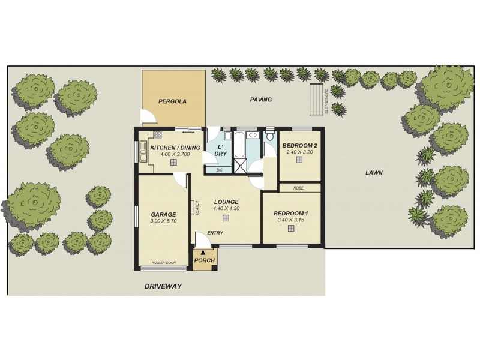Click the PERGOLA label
(172, 101)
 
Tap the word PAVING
(261, 100)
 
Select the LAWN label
(374, 173)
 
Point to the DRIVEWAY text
(163, 287)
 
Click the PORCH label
(203, 261)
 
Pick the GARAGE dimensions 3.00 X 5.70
(163, 221)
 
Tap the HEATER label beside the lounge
(196, 207)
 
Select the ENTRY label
(215, 233)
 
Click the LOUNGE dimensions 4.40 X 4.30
(226, 209)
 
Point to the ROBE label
(299, 188)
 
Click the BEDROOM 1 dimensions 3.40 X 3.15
(291, 220)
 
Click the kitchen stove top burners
(158, 134)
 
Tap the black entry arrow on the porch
(204, 252)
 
